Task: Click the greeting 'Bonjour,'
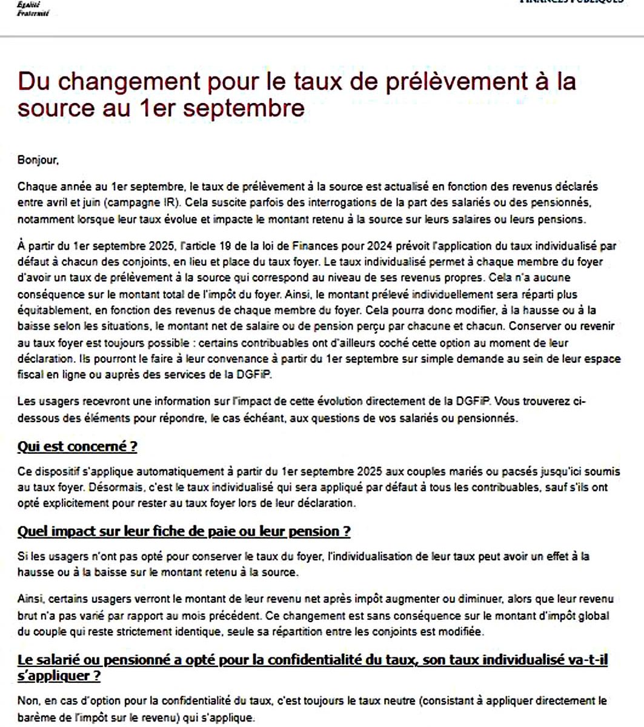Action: click(x=38, y=161)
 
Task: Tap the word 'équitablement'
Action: click(x=50, y=310)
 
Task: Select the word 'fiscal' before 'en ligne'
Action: click(x=28, y=374)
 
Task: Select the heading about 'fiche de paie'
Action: click(x=184, y=532)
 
